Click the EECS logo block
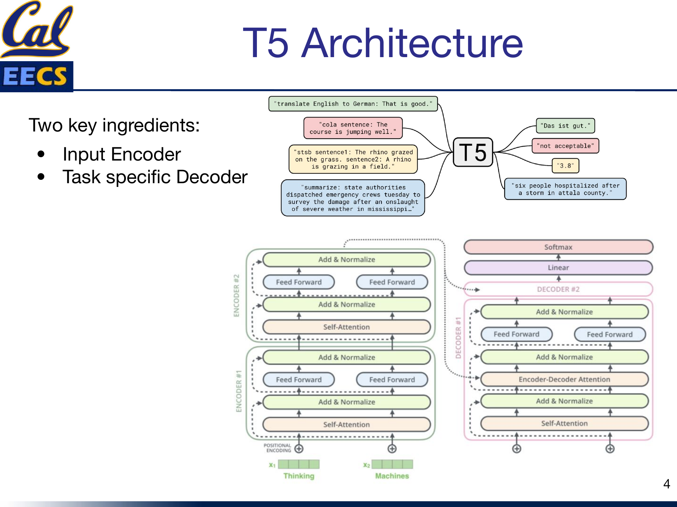(36, 76)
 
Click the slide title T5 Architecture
(383, 43)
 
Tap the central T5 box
(473, 152)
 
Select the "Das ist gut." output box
(565, 126)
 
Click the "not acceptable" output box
(565, 146)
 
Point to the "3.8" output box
(565, 166)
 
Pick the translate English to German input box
(353, 104)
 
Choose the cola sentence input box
(353, 128)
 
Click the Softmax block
(558, 247)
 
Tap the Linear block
(558, 268)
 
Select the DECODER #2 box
(558, 289)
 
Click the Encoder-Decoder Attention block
(564, 379)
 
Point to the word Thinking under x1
(299, 476)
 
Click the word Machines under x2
(392, 476)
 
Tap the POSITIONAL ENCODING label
(278, 448)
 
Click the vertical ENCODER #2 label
(236, 295)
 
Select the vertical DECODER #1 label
(458, 338)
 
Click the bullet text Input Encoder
(122, 154)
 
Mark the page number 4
(666, 484)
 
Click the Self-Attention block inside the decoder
(564, 424)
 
